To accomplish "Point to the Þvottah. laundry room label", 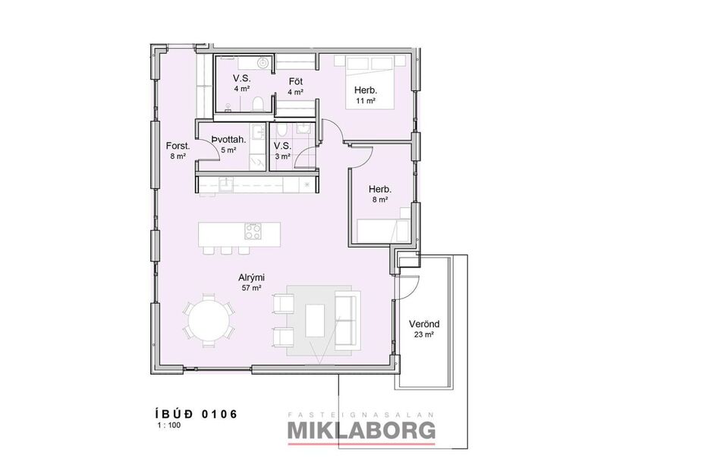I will click(x=228, y=140).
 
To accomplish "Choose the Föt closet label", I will click(x=296, y=81).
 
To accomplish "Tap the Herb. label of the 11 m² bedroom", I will click(x=366, y=90).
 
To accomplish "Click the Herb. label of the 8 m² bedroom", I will click(x=379, y=189).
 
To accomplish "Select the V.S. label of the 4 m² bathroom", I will click(x=242, y=78).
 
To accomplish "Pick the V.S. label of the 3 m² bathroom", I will click(x=282, y=146).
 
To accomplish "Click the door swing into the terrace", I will click(x=407, y=285).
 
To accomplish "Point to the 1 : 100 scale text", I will click(x=169, y=425).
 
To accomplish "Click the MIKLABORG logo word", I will click(x=361, y=431).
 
